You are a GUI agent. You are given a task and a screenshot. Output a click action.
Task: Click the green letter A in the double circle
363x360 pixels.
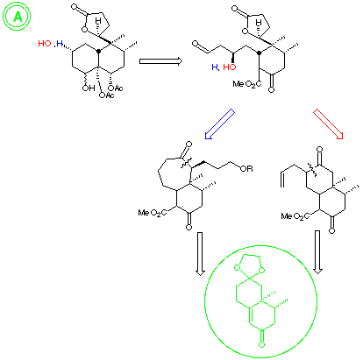[18, 17]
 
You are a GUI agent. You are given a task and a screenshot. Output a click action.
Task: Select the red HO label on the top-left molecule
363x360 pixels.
[45, 44]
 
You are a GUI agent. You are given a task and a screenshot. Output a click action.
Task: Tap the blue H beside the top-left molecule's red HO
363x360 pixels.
[60, 44]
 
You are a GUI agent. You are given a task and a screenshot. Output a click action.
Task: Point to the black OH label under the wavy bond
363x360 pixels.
[88, 88]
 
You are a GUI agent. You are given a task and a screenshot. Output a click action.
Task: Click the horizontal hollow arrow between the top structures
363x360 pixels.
[160, 61]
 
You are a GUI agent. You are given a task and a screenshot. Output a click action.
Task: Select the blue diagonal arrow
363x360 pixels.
[220, 124]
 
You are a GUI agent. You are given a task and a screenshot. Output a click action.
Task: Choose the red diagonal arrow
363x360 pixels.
[328, 124]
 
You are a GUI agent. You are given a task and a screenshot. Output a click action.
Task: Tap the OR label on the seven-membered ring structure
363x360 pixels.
[246, 168]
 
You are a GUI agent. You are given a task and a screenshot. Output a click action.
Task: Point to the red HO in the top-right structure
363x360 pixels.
[230, 67]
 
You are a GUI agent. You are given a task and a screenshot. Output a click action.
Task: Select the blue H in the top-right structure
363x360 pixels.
[215, 67]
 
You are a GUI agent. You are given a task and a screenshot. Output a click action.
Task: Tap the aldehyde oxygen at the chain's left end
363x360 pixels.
[196, 44]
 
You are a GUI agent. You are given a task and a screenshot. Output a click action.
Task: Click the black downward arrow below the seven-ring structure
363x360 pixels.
[200, 254]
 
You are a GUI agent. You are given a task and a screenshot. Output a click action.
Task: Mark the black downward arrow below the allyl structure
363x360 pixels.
[317, 252]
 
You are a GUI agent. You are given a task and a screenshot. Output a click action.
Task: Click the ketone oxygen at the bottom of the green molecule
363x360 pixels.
[262, 344]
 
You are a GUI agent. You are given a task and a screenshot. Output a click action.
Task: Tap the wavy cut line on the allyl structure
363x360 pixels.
[311, 170]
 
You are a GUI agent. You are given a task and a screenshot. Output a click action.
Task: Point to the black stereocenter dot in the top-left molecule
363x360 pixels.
[99, 52]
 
